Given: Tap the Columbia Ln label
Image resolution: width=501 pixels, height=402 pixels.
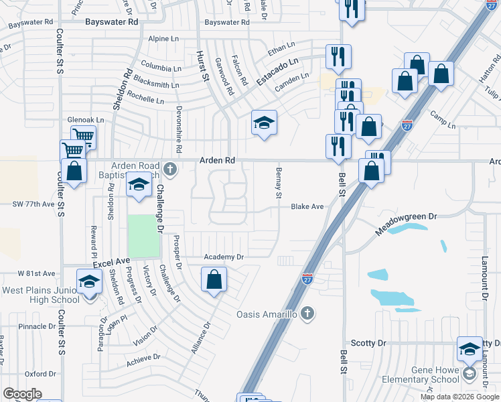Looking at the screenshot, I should [x=161, y=68].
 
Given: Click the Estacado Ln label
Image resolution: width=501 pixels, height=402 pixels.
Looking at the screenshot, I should [x=277, y=69].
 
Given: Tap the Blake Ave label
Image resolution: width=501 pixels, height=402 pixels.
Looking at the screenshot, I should [x=307, y=207].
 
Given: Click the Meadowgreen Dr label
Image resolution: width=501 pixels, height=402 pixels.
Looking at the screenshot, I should [x=405, y=224].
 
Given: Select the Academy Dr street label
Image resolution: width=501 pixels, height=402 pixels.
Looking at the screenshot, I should [x=223, y=257].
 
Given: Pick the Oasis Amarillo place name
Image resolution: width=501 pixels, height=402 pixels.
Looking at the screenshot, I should [x=266, y=314].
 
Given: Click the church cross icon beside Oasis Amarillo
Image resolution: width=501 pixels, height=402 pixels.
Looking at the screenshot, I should [x=307, y=313].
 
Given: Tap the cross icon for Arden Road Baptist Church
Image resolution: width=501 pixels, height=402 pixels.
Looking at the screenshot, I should [x=171, y=168].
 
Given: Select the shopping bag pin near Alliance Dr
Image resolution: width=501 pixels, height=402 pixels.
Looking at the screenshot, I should [x=214, y=279].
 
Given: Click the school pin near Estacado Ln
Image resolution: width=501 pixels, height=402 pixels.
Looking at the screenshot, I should [x=264, y=123].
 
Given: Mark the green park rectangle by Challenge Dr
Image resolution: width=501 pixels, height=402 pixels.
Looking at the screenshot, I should [x=144, y=236].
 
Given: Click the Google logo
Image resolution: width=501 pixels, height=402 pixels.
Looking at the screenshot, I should [x=22, y=394].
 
